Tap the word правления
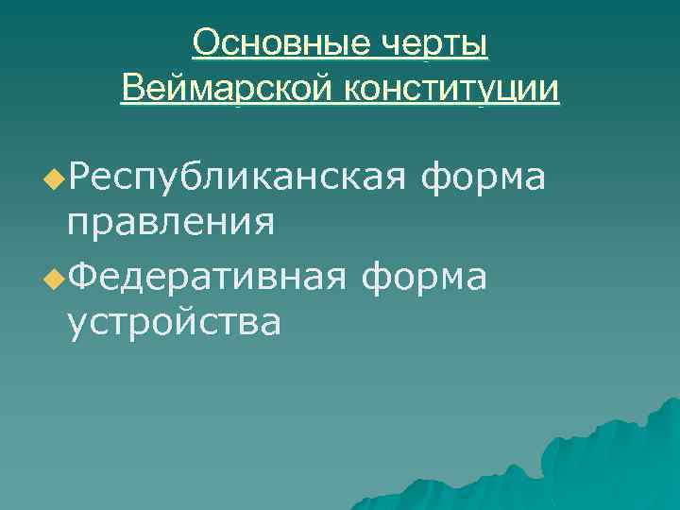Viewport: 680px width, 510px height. pos(171,223)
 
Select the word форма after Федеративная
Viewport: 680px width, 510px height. pos(426,275)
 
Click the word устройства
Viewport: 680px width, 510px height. pos(174,323)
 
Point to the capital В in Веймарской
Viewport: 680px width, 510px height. pos(132,90)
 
